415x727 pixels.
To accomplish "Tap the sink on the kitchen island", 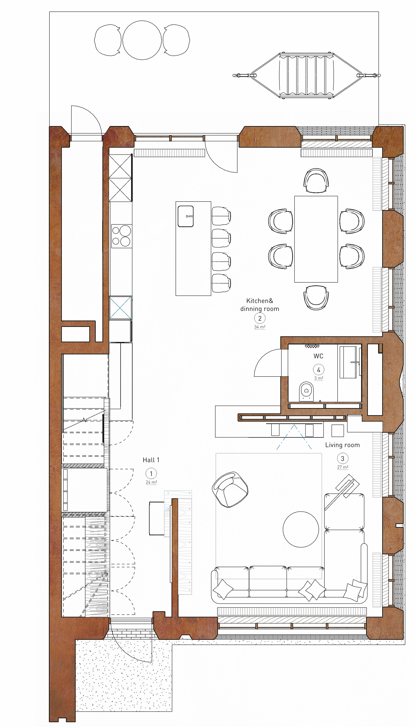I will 185,216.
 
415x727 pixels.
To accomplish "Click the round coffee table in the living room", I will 301,529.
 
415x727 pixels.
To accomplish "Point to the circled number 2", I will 260,318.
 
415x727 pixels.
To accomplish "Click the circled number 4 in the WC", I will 318,370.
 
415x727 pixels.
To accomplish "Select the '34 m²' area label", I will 260,327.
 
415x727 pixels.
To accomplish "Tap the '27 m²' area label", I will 343,467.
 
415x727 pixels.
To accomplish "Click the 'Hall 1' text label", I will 151,460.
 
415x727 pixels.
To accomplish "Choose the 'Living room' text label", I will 342,445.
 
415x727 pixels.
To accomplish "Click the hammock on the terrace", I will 306,75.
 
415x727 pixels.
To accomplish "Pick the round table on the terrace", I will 142,40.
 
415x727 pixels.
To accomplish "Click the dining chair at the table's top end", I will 316,181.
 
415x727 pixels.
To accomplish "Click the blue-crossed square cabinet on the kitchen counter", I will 120,307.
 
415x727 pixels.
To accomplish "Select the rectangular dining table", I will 316,239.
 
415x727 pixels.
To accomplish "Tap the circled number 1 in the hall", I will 151,474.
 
